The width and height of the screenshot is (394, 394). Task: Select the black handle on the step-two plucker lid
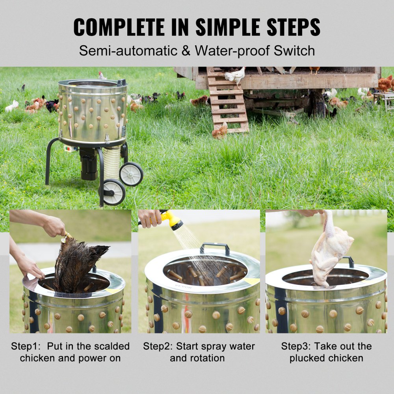tap(214, 248)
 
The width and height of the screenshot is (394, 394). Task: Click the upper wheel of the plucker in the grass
tap(131, 173)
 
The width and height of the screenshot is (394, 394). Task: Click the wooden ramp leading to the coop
tap(228, 102)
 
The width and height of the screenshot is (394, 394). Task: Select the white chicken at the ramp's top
tap(236, 76)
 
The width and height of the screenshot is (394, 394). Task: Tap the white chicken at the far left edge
tap(12, 106)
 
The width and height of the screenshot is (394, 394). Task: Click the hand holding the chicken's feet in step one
tap(53, 226)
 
